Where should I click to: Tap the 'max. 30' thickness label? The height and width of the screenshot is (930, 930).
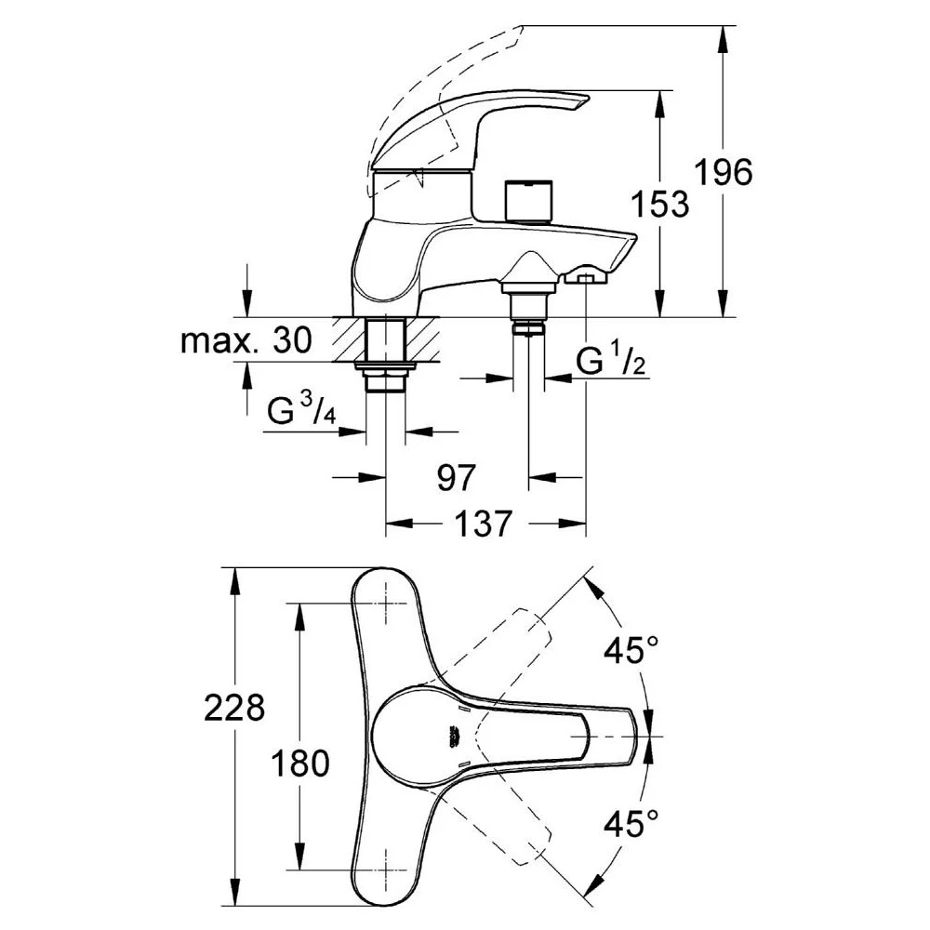pyautogui.click(x=244, y=342)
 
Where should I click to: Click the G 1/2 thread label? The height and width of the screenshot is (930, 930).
pyautogui.click(x=610, y=363)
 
